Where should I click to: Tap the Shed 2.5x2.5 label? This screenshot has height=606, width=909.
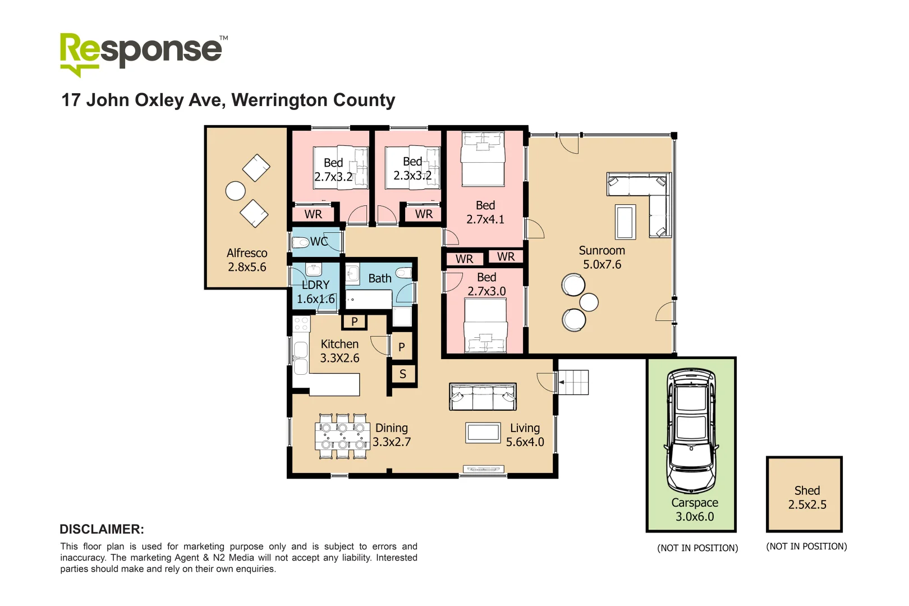pyautogui.click(x=807, y=498)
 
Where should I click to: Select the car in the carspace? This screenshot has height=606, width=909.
pyautogui.click(x=691, y=430)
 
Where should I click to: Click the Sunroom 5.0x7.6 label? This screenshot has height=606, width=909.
pyautogui.click(x=602, y=258)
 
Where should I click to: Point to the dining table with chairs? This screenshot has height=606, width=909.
pyautogui.click(x=342, y=437)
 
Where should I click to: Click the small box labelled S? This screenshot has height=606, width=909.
pyautogui.click(x=403, y=374)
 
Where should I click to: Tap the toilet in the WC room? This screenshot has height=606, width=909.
pyautogui.click(x=301, y=242)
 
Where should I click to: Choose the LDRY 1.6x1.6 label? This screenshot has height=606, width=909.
pyautogui.click(x=315, y=292)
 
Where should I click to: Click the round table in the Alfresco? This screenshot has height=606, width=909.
pyautogui.click(x=236, y=191)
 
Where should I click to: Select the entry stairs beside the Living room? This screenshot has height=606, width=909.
pyautogui.click(x=573, y=382)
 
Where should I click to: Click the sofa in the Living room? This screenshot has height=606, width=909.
pyautogui.click(x=483, y=397)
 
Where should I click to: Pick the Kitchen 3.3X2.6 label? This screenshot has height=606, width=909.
pyautogui.click(x=339, y=351)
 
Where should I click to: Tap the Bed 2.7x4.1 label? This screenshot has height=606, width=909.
pyautogui.click(x=485, y=213)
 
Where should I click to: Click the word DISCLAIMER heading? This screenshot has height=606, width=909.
pyautogui.click(x=102, y=529)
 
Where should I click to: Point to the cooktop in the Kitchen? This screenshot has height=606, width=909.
pyautogui.click(x=301, y=324)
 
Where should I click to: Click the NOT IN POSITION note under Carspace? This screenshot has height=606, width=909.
pyautogui.click(x=697, y=548)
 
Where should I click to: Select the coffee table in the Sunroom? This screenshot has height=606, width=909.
pyautogui.click(x=626, y=222)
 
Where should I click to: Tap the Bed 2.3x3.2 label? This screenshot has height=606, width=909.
pyautogui.click(x=412, y=169)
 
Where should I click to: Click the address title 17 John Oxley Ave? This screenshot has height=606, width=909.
pyautogui.click(x=228, y=100)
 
